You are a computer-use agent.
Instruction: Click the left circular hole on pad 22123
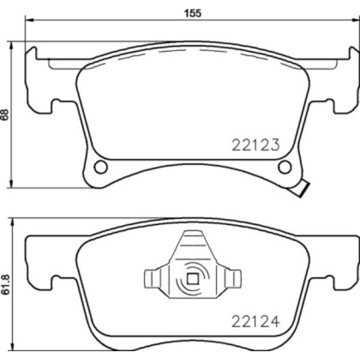100,166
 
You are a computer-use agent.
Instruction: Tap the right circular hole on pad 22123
285,166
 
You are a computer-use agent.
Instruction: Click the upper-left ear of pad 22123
32,54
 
